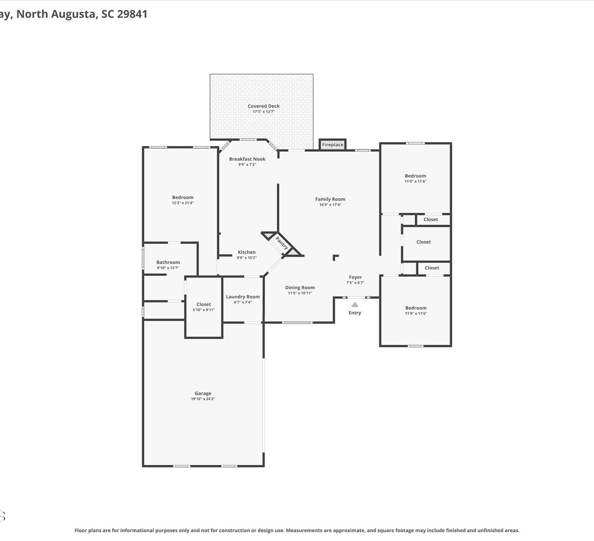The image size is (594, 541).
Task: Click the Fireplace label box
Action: point(333,145)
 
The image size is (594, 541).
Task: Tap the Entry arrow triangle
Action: point(355,304)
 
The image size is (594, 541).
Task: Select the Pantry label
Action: point(282,243)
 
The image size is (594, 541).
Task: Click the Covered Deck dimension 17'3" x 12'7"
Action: point(264,112)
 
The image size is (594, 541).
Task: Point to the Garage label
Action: point(203,394)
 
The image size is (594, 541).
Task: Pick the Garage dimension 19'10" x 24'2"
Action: point(203,399)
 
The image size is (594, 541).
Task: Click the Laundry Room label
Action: point(243,297)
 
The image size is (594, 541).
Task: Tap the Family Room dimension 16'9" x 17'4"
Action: point(330,205)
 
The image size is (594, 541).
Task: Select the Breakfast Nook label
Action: point(247,159)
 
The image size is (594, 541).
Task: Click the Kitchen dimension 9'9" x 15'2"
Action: point(247,258)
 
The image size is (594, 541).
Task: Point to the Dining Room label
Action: point(300,288)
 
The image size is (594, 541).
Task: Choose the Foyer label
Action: point(355,277)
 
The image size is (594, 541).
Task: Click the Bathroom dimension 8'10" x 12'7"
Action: point(168,268)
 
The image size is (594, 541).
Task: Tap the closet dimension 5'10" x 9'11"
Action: point(204,310)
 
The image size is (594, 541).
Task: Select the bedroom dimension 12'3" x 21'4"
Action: point(183,203)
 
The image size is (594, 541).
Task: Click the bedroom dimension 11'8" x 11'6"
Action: point(416,314)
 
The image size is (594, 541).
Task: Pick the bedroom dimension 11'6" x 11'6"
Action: point(415,181)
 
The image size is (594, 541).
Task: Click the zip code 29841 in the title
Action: point(132,14)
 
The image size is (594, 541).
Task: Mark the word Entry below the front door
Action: point(355,313)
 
